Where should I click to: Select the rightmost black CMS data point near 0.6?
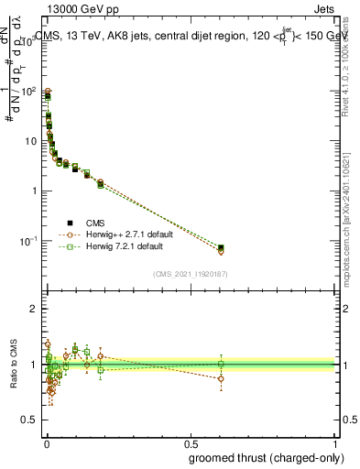221,247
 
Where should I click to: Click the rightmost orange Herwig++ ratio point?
221,378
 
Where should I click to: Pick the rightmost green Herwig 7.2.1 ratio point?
221,364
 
